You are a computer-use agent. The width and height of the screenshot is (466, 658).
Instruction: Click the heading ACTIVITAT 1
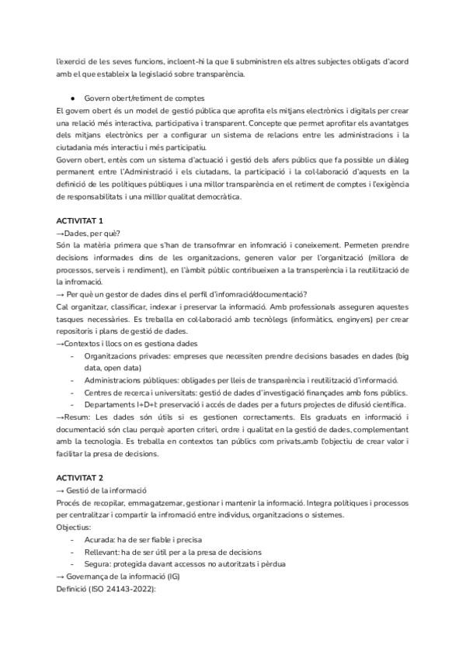(80, 221)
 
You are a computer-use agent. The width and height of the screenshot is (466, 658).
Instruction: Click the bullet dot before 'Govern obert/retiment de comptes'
(72, 98)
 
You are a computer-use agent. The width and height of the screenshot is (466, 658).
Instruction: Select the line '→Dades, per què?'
(89, 233)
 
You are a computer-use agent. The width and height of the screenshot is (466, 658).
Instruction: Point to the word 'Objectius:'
(73, 527)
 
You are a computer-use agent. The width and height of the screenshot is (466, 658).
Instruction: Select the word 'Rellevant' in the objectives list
(102, 552)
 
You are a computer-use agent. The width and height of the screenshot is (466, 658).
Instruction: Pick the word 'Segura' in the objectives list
(97, 564)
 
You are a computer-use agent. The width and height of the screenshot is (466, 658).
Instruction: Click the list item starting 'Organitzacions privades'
(241, 355)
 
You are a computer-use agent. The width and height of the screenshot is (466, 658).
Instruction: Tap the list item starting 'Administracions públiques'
(241, 380)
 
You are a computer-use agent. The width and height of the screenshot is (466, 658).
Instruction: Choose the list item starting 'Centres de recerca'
(241, 393)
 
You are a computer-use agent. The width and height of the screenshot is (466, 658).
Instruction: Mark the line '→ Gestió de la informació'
(101, 490)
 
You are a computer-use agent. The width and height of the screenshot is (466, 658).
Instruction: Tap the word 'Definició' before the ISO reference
(73, 590)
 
